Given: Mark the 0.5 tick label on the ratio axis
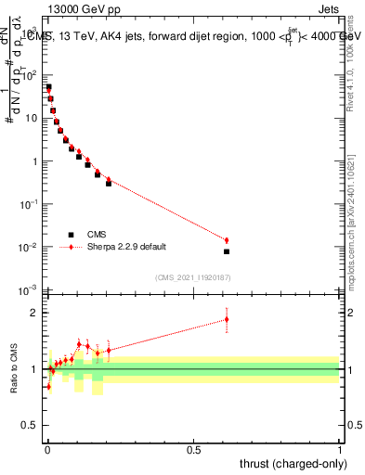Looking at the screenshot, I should point(33,427).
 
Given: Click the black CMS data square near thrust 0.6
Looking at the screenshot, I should point(226,251).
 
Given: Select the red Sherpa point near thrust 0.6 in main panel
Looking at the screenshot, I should point(226,240).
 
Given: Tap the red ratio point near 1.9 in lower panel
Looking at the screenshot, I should point(226,319).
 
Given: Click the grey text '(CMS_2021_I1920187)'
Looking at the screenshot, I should point(193,277).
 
